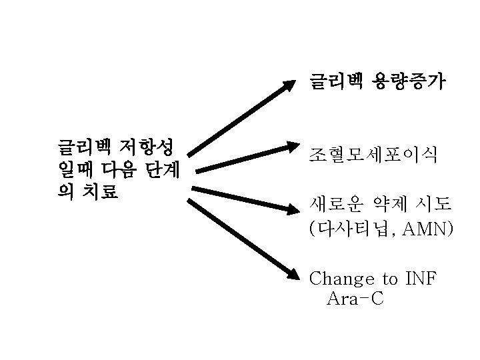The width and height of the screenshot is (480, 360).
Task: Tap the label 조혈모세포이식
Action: point(373,155)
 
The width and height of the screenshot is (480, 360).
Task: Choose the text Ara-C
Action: point(355,299)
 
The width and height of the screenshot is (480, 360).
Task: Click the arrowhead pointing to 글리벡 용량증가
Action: point(288,86)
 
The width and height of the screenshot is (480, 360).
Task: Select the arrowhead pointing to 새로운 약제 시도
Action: point(291,209)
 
